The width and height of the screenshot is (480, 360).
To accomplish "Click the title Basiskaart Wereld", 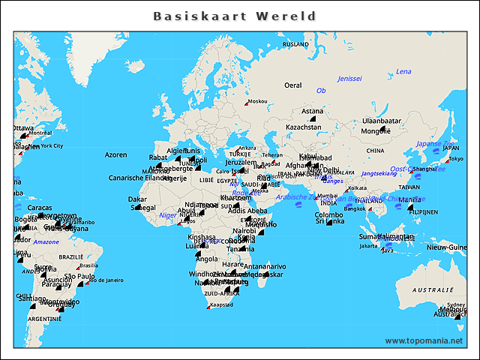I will point(235,16).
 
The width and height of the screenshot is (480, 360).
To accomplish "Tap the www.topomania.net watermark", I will point(424,340).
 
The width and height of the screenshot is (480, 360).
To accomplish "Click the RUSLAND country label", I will point(295,44).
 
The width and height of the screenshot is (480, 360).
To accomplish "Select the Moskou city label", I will point(257,101).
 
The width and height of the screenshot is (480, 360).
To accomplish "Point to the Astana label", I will point(312,111).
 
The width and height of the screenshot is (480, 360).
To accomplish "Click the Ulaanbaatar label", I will point(382,120).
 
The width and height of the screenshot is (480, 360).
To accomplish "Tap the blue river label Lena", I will point(403,72).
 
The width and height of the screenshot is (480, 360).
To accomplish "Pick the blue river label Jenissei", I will point(349,79).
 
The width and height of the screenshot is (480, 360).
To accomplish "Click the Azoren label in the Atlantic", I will point(115,154).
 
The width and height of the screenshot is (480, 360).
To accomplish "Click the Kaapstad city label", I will point(221,304).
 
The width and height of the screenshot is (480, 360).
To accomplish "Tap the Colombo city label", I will point(328,214).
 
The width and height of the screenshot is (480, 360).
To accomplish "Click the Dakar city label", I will point(137,199).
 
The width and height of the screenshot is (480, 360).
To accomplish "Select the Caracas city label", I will point(40,208).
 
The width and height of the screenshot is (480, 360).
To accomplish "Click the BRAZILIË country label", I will point(71,256).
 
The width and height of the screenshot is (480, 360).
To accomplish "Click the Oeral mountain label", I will point(292,85).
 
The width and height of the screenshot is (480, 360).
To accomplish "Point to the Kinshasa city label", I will point(201,237).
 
